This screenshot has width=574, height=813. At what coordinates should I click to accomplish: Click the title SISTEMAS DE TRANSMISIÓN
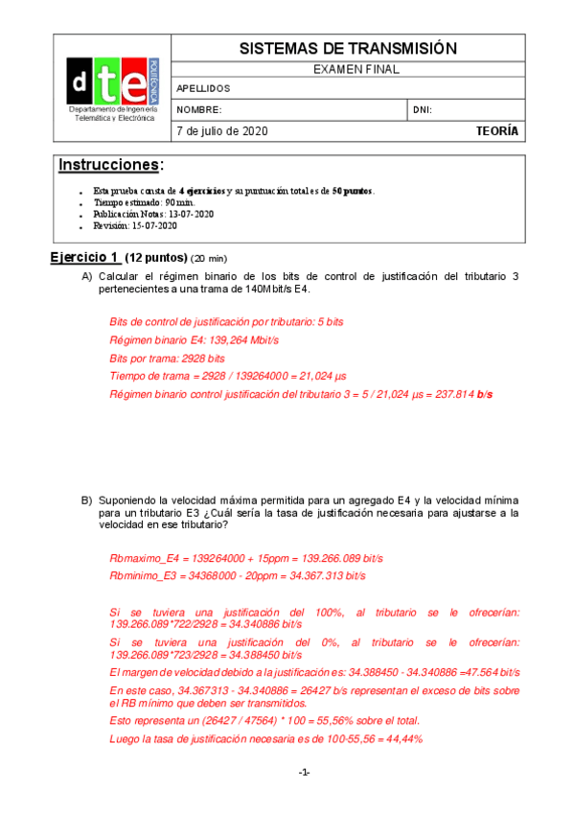[x=347, y=48]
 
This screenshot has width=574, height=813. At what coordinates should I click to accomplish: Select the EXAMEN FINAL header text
[x=347, y=69]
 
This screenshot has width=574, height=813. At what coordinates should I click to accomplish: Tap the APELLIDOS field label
[x=203, y=88]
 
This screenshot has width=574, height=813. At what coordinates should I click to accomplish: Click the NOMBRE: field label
[x=199, y=110]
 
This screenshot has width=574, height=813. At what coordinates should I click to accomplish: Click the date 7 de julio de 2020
[x=222, y=131]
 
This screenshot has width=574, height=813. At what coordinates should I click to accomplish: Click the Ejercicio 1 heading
[x=85, y=257]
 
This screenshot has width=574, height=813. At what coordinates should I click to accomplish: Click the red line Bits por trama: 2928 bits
[x=160, y=358]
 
